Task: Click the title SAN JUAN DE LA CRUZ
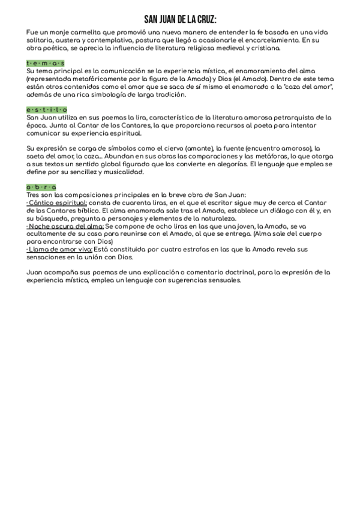tap(180, 20)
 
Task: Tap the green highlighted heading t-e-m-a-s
tap(46, 63)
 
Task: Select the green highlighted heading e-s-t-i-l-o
tap(47, 110)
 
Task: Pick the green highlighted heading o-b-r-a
tap(41, 187)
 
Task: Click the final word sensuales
tap(221, 280)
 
